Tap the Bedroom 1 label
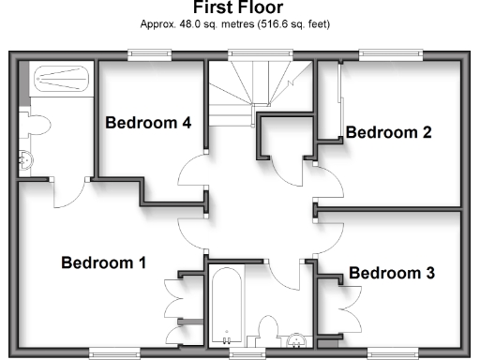point(103,262)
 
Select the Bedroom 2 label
point(388,132)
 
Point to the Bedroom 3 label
point(391,273)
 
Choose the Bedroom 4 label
point(148,123)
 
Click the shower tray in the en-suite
point(61,79)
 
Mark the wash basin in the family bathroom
point(296,339)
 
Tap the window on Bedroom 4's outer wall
point(149,53)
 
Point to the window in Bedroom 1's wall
point(117,353)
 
